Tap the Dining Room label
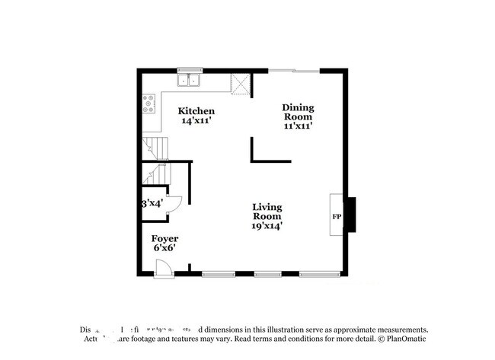coord(299,113)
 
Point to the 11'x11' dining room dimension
coord(299,126)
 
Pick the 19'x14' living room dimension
coord(267,225)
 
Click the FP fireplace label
coord(336,217)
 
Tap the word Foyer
coord(164,239)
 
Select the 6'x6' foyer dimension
coord(164,249)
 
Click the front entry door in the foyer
coord(163,267)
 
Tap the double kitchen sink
coord(188,79)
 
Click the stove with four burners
coord(148,104)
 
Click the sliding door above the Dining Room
coord(294,71)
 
